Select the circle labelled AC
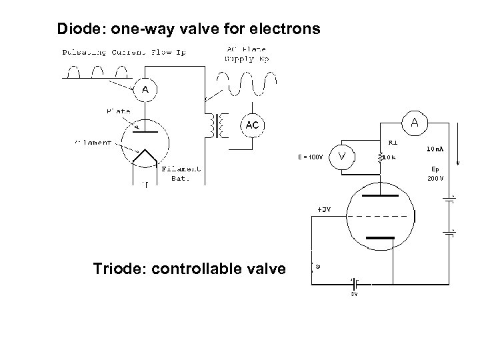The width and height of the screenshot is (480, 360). coord(252,125)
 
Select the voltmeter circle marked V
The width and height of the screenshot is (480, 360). coord(342,157)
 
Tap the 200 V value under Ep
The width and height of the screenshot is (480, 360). coord(435,179)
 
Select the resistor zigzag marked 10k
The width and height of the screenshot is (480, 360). coord(381,159)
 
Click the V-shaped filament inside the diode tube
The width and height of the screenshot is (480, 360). coord(145,158)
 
